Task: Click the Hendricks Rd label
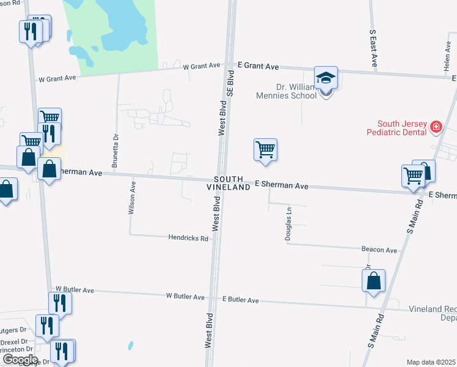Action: [x=188, y=238]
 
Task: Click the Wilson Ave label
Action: [x=131, y=196]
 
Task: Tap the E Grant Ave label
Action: [x=258, y=66]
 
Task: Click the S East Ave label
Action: [x=373, y=49]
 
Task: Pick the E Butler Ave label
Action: [x=241, y=300]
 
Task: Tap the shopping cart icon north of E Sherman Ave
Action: [x=265, y=149]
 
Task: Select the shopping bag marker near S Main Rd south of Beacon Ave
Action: [x=373, y=281]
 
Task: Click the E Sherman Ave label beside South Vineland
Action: [x=282, y=184]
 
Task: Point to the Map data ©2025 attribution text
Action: [x=431, y=362]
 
